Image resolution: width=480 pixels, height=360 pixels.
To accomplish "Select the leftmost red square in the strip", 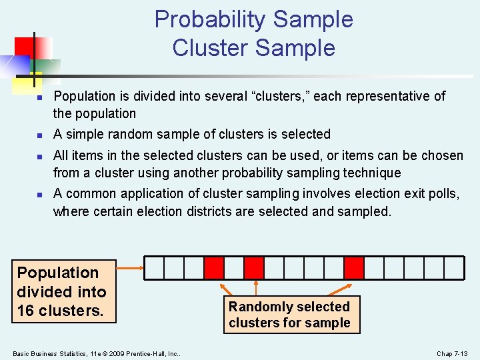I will [214, 268].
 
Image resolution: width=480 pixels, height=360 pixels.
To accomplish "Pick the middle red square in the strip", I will [254, 268].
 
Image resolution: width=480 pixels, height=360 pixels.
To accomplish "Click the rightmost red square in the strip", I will [354, 268].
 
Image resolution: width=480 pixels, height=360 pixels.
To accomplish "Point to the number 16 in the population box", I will [27, 311].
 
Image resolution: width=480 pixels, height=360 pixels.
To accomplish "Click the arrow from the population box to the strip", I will [130, 268].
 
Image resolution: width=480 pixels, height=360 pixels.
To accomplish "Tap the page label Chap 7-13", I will [452, 353].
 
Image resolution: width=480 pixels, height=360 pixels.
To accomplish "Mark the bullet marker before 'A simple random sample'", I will [39, 135].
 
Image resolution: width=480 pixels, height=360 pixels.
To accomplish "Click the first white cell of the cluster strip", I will [154, 268].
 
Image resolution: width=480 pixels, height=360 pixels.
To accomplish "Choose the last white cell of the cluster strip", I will [454, 268].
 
